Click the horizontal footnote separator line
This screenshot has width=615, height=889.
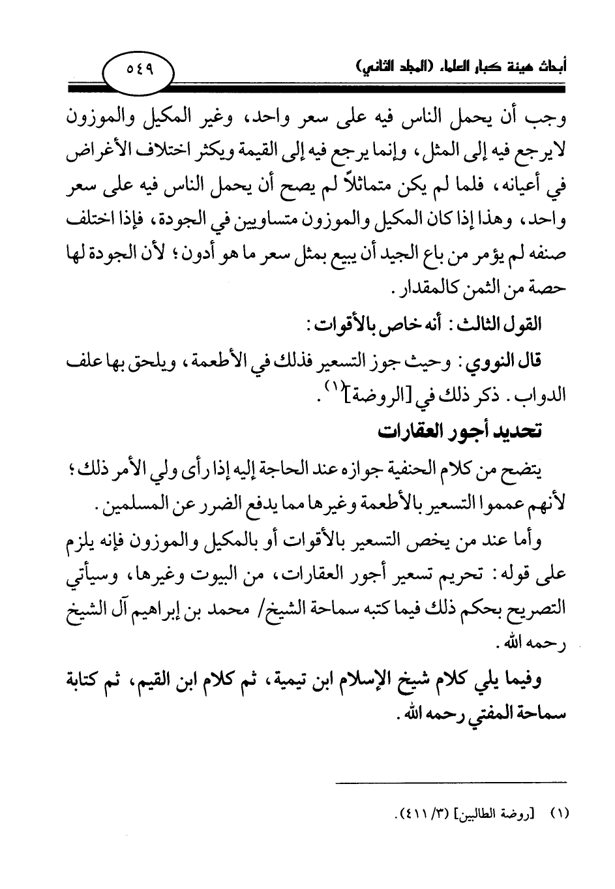[452, 782]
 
